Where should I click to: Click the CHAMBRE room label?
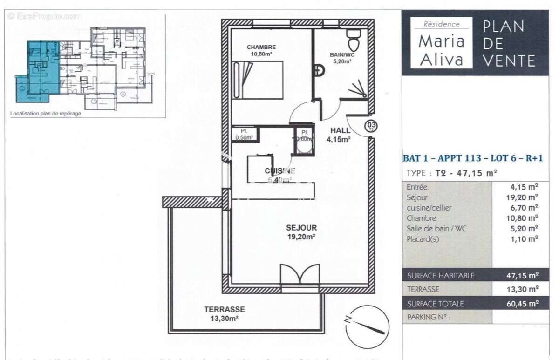tap(261, 47)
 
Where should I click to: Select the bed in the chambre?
tap(259, 81)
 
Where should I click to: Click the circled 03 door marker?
tap(371, 125)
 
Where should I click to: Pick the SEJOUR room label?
tap(301, 228)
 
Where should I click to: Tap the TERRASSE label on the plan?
tap(224, 309)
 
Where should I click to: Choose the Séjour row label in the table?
tap(416, 197)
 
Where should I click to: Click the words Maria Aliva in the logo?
tap(441, 50)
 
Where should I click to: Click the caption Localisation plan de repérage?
tap(45, 113)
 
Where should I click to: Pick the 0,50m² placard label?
tap(244, 134)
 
